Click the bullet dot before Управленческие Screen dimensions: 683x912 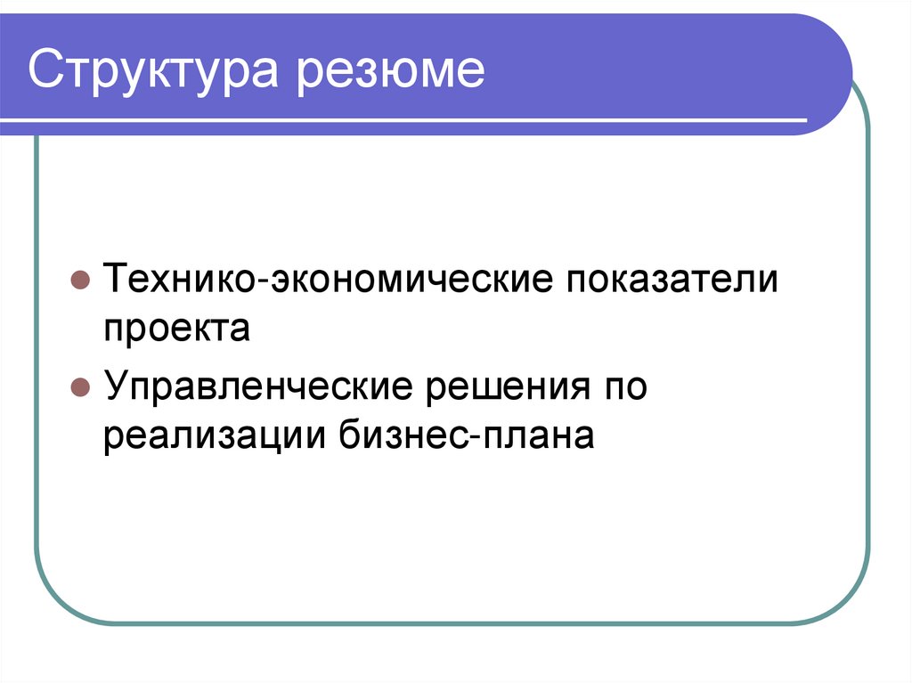(x=78, y=390)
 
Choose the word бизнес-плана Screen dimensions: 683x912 (x=466, y=437)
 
